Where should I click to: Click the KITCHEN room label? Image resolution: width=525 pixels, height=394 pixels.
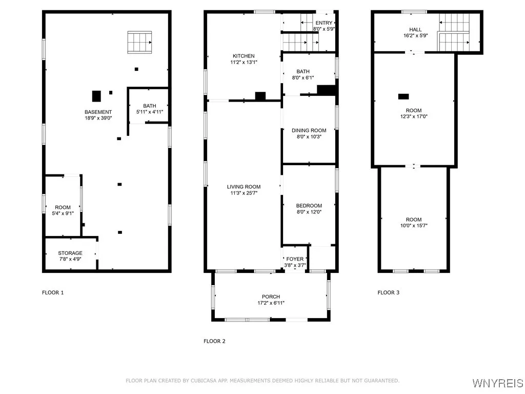pyautogui.click(x=244, y=56)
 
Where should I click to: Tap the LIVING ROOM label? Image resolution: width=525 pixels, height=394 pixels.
pyautogui.click(x=244, y=187)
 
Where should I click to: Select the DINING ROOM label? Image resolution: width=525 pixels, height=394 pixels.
pyautogui.click(x=309, y=130)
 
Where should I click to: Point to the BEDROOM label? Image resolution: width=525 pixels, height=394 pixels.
pyautogui.click(x=309, y=206)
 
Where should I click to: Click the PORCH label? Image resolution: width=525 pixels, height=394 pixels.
pyautogui.click(x=270, y=297)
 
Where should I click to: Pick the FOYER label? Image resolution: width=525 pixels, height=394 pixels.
pyautogui.click(x=295, y=259)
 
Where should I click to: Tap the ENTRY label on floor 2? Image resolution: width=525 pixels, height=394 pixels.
pyautogui.click(x=324, y=23)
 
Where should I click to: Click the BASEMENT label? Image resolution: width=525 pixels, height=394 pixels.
pyautogui.click(x=98, y=112)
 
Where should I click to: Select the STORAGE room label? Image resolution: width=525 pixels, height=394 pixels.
pyautogui.click(x=70, y=253)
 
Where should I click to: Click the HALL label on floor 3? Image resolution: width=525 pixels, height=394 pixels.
pyautogui.click(x=415, y=30)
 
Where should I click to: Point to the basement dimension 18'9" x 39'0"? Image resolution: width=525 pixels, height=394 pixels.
pyautogui.click(x=98, y=118)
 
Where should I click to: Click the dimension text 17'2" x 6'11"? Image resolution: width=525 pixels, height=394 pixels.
pyautogui.click(x=270, y=303)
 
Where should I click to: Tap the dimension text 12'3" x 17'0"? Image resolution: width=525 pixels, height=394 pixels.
pyautogui.click(x=414, y=116)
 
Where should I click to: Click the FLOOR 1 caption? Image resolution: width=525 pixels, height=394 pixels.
pyautogui.click(x=53, y=292)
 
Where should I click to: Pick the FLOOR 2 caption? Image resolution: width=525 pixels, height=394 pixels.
pyautogui.click(x=214, y=341)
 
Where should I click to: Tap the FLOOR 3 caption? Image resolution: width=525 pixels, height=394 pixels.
pyautogui.click(x=389, y=292)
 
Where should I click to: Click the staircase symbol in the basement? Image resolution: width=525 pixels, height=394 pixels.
pyautogui.click(x=140, y=42)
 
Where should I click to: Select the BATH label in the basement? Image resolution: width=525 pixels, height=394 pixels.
pyautogui.click(x=150, y=106)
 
